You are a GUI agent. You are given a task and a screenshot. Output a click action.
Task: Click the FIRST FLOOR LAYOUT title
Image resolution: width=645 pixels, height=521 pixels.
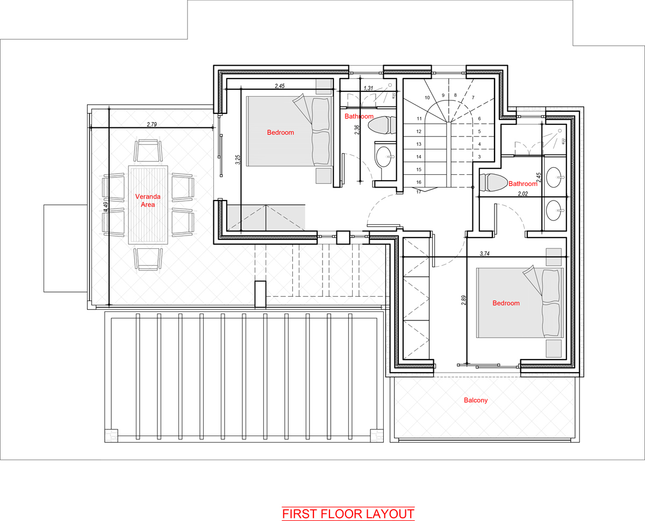pyautogui.click(x=348, y=514)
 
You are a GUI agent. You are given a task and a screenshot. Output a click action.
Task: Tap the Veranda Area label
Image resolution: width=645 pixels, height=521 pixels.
pyautogui.click(x=148, y=201)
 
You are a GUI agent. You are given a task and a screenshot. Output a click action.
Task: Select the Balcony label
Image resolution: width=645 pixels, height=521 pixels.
pyautogui.click(x=476, y=400)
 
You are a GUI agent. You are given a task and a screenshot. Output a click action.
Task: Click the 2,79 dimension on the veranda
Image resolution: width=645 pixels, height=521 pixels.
pyautogui.click(x=152, y=124)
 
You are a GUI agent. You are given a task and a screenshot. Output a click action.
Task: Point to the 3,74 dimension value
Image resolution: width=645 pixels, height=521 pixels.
pyautogui.click(x=484, y=254)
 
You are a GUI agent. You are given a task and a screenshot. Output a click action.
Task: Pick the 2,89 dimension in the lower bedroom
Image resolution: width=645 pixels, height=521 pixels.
pyautogui.click(x=464, y=300)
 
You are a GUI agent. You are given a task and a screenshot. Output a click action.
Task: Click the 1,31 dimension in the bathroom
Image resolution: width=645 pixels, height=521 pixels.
pyautogui.click(x=368, y=88)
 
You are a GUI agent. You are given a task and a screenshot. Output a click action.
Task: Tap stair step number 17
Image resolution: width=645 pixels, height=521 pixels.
pyautogui.click(x=419, y=192)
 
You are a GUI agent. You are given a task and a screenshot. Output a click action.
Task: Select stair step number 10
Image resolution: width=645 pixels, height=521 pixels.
pyautogui.click(x=427, y=97)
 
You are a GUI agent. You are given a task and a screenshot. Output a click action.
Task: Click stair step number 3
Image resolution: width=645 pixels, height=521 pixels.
pyautogui.click(x=479, y=156)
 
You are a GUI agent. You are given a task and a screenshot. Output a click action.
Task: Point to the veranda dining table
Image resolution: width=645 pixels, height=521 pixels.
pyautogui.click(x=148, y=205)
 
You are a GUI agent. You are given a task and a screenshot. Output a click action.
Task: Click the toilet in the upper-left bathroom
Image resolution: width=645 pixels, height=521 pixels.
pyautogui.click(x=382, y=125)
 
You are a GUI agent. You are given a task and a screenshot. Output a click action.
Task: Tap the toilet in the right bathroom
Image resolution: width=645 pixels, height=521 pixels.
pyautogui.click(x=493, y=182)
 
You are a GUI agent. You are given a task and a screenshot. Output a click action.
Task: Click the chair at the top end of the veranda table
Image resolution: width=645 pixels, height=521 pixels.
pyautogui.click(x=148, y=151)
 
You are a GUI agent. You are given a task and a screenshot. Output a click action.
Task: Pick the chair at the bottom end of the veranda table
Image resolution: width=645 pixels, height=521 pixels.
pyautogui.click(x=148, y=259)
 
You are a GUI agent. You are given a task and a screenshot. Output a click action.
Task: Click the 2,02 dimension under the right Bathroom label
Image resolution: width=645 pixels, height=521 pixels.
pyautogui.click(x=522, y=194)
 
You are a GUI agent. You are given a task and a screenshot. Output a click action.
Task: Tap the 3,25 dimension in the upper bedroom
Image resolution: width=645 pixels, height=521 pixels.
pyautogui.click(x=238, y=160)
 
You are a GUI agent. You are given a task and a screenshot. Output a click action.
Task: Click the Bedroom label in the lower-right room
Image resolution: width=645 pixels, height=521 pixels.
pyautogui.click(x=506, y=303)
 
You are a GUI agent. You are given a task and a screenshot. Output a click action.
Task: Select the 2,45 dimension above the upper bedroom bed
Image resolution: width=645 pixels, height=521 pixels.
pyautogui.click(x=279, y=86)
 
